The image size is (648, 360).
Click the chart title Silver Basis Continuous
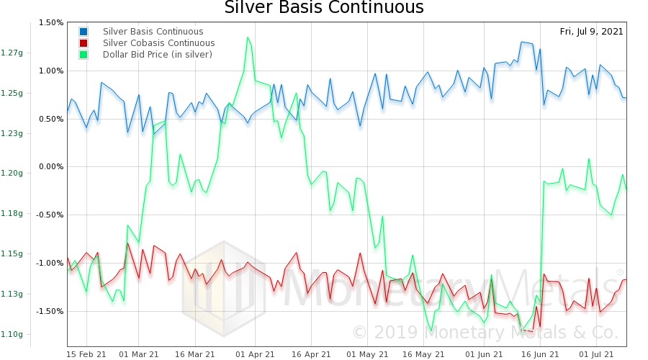coord(324,8)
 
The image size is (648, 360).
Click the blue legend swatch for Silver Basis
coord(84,32)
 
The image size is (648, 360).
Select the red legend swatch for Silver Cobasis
coord(84,43)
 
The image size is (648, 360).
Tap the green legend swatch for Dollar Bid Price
coord(84,55)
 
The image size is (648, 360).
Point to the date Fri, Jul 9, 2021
coord(591,32)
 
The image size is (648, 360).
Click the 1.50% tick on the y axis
coord(51,22)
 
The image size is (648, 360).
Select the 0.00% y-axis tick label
coord(51,166)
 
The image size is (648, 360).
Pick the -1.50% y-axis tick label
coord(50,311)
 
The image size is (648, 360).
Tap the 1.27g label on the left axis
coord(12,53)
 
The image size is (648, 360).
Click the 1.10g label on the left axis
coord(12,334)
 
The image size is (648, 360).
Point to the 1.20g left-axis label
coord(12,173)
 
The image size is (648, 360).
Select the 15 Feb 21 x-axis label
coord(86,354)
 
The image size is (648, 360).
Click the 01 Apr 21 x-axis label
coord(256,354)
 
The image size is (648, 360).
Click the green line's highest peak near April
coord(248,37)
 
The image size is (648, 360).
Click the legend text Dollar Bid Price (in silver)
coord(157,55)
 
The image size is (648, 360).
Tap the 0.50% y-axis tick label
coord(51,119)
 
